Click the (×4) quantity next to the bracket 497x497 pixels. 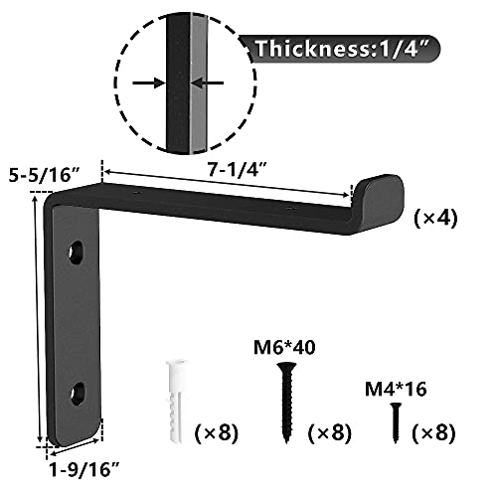[436, 221]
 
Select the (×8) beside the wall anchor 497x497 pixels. [218, 433]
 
